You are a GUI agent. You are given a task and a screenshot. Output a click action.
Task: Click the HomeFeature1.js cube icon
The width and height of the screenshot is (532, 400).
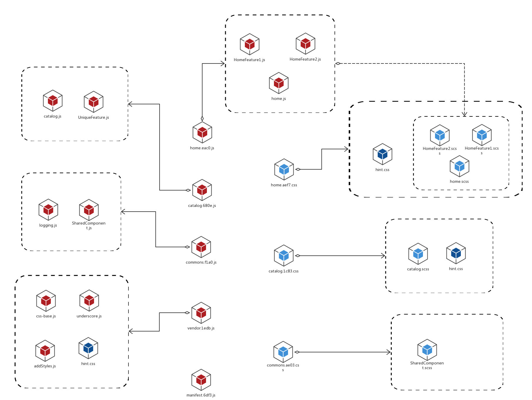coord(250,44)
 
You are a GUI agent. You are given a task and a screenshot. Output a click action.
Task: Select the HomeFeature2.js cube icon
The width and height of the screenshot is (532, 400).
coord(305,43)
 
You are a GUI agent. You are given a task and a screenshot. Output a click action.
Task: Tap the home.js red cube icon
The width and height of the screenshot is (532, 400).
coord(279,83)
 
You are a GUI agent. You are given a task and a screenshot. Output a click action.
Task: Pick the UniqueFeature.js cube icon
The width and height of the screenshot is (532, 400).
coord(93,102)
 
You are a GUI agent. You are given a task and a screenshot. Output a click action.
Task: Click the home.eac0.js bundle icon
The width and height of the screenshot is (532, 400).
coord(202,132)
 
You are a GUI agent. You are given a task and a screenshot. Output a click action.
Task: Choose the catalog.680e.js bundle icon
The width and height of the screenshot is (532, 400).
coord(202,190)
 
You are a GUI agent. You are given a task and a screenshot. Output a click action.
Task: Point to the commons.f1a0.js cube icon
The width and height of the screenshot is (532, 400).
coord(201,247)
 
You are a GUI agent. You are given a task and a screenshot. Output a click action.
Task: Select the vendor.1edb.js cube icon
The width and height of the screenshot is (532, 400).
coord(201,313)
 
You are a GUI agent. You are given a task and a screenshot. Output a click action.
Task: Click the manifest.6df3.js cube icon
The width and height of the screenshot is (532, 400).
coord(201,380)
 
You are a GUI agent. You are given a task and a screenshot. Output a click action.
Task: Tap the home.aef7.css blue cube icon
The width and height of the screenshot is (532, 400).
coord(284,169)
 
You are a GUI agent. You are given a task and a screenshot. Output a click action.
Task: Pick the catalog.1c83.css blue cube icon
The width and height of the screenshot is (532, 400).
coord(284,255)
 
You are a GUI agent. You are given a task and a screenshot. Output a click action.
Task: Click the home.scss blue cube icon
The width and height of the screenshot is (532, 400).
coord(459,166)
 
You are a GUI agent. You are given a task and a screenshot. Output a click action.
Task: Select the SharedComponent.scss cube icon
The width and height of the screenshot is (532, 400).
coord(427,350)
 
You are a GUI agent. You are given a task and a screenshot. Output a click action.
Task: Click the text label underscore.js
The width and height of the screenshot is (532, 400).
coord(89,316)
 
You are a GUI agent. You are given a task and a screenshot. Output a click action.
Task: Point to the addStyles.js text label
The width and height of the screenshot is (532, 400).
coord(45,366)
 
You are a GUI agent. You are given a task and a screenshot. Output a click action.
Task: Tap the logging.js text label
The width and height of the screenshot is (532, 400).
coord(48,225)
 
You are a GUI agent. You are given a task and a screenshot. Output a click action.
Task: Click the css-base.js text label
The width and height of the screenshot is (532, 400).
coord(46,316)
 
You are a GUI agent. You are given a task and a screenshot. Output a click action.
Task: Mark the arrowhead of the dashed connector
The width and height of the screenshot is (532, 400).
coord(464,114)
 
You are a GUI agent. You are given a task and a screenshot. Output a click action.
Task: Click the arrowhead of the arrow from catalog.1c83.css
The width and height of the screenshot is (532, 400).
coord(383,256)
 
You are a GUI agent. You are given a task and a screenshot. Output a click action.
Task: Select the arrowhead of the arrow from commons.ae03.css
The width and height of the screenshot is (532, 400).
coord(389,352)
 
